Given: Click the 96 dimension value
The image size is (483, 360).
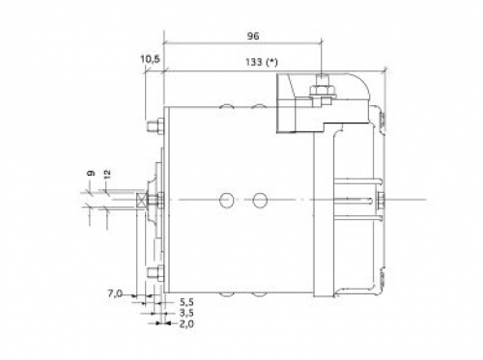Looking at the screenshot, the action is pyautogui.click(x=253, y=36).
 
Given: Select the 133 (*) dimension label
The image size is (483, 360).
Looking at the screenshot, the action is pyautogui.click(x=261, y=62).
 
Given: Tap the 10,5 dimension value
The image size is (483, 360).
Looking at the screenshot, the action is pyautogui.click(x=150, y=59).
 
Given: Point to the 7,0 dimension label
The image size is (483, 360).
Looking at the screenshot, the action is pyautogui.click(x=115, y=293).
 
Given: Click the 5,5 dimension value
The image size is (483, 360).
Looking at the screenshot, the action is pyautogui.click(x=186, y=302).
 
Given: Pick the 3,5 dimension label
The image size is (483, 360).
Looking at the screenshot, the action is pyautogui.click(x=186, y=313).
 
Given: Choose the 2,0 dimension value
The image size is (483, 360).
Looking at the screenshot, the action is pyautogui.click(x=186, y=323).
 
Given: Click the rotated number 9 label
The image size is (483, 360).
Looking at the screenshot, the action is pyautogui.click(x=91, y=173).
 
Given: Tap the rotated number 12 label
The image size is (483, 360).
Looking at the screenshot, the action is pyautogui.click(x=107, y=175).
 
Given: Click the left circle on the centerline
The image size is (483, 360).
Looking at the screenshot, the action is pyautogui.click(x=226, y=200).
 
